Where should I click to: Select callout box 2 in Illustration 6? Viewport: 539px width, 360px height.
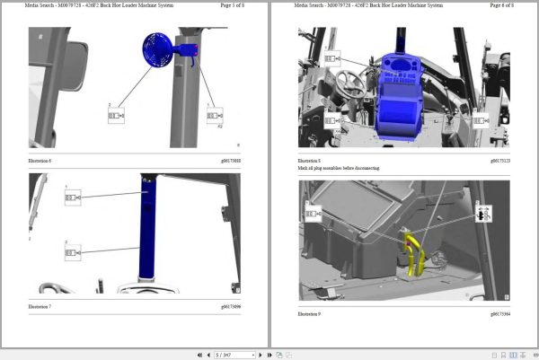(x=117, y=115)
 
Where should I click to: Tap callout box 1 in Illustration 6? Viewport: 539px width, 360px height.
(x=216, y=115)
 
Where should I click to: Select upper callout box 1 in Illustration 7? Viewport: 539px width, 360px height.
(x=73, y=195)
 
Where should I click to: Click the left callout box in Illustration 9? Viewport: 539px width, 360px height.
(x=314, y=214)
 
